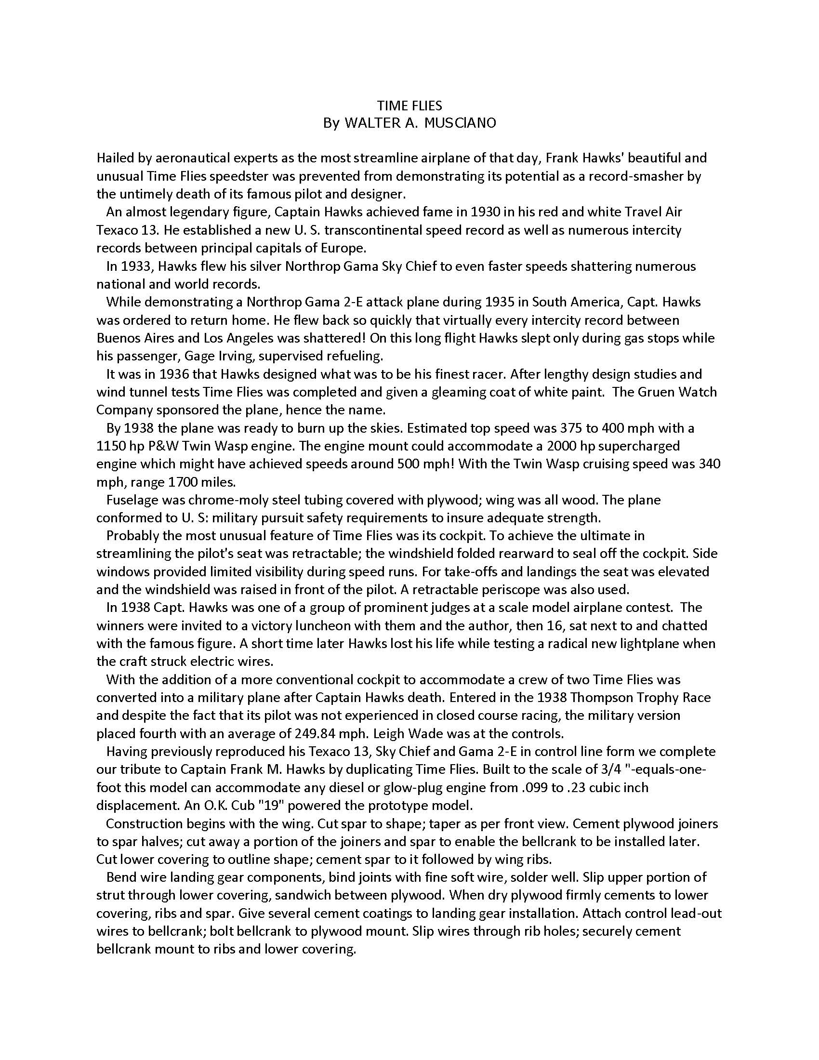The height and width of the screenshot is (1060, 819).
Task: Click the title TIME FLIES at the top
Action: (409, 106)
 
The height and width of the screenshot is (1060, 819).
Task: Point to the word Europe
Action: (343, 248)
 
